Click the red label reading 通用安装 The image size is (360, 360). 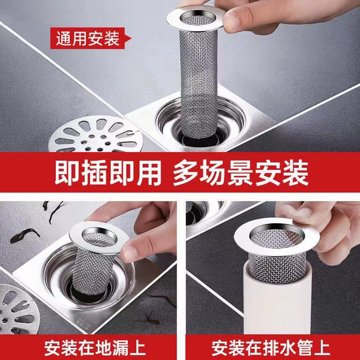[91, 38]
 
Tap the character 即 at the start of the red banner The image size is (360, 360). [67, 173]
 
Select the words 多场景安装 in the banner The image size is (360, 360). [241, 173]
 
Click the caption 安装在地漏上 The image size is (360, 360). [95, 348]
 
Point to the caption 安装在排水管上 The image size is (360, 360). [271, 348]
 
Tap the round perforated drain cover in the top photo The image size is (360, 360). [96, 134]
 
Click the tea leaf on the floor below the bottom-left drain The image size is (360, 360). [152, 319]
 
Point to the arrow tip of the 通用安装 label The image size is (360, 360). [131, 38]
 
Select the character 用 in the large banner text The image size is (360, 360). [149, 173]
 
